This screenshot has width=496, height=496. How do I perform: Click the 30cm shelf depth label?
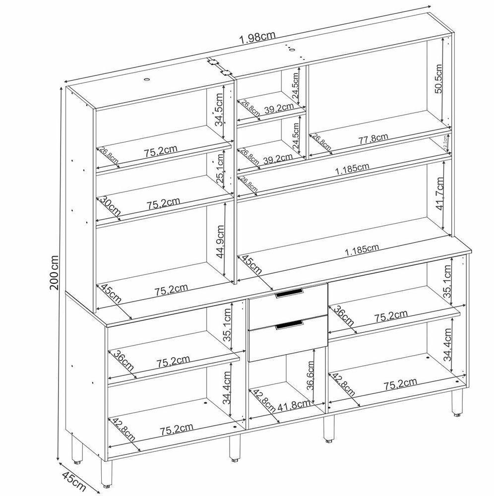110,207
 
